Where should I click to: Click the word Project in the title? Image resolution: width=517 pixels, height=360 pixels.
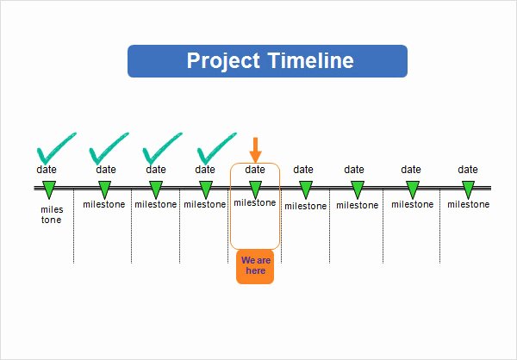(223, 61)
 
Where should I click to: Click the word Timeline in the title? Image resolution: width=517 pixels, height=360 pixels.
(311, 60)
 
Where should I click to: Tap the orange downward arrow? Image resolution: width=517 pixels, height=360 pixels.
(255, 150)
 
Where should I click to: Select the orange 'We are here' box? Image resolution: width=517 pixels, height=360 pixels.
(255, 266)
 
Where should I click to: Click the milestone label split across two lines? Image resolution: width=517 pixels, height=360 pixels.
(52, 214)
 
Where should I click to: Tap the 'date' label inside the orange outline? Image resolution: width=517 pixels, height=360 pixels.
(255, 170)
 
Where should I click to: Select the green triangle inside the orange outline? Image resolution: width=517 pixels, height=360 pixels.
(256, 189)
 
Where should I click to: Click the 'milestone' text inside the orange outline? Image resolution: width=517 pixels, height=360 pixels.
(255, 202)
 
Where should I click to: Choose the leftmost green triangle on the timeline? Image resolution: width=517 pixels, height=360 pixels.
(49, 189)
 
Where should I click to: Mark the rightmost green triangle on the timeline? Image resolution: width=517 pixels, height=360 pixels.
(468, 189)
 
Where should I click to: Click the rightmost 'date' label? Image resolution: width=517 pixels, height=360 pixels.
(468, 170)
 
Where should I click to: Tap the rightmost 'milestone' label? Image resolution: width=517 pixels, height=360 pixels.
(468, 204)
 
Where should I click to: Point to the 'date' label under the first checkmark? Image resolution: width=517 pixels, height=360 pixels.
(47, 170)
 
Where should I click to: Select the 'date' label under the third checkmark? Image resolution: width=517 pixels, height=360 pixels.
(156, 170)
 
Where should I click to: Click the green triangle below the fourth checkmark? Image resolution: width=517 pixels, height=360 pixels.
(206, 189)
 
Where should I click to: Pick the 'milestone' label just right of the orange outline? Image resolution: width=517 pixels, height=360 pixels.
(306, 206)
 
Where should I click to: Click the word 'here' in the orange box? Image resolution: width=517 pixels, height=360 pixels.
(256, 270)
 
